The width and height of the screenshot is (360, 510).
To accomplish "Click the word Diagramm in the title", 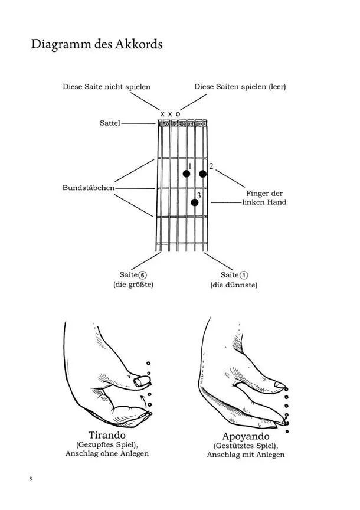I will [x=58, y=44].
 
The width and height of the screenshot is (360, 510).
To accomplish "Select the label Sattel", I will [x=110, y=123].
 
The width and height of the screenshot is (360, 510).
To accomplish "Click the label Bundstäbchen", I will [x=89, y=188].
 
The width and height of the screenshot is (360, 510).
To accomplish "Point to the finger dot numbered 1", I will [x=186, y=174].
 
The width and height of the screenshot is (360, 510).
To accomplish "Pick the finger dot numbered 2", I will [x=203, y=174].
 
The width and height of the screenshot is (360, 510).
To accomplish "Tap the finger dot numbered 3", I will [x=195, y=202].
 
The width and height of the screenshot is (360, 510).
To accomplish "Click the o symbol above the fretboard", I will [x=178, y=113].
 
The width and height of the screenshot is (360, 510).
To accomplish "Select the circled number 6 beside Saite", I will [x=142, y=275].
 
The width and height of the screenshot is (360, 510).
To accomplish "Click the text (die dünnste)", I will [x=234, y=286].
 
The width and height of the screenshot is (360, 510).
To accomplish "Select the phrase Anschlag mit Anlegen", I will [x=246, y=455].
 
